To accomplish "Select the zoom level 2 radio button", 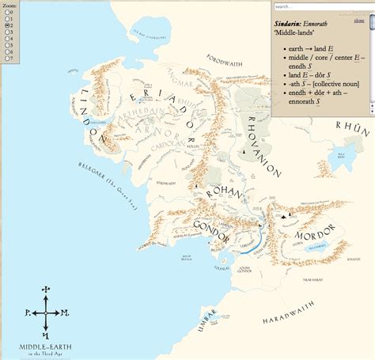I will [6, 25].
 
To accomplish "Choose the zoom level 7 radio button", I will [6, 58].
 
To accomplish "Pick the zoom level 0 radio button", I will [6, 13].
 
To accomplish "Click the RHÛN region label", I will [347, 125].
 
